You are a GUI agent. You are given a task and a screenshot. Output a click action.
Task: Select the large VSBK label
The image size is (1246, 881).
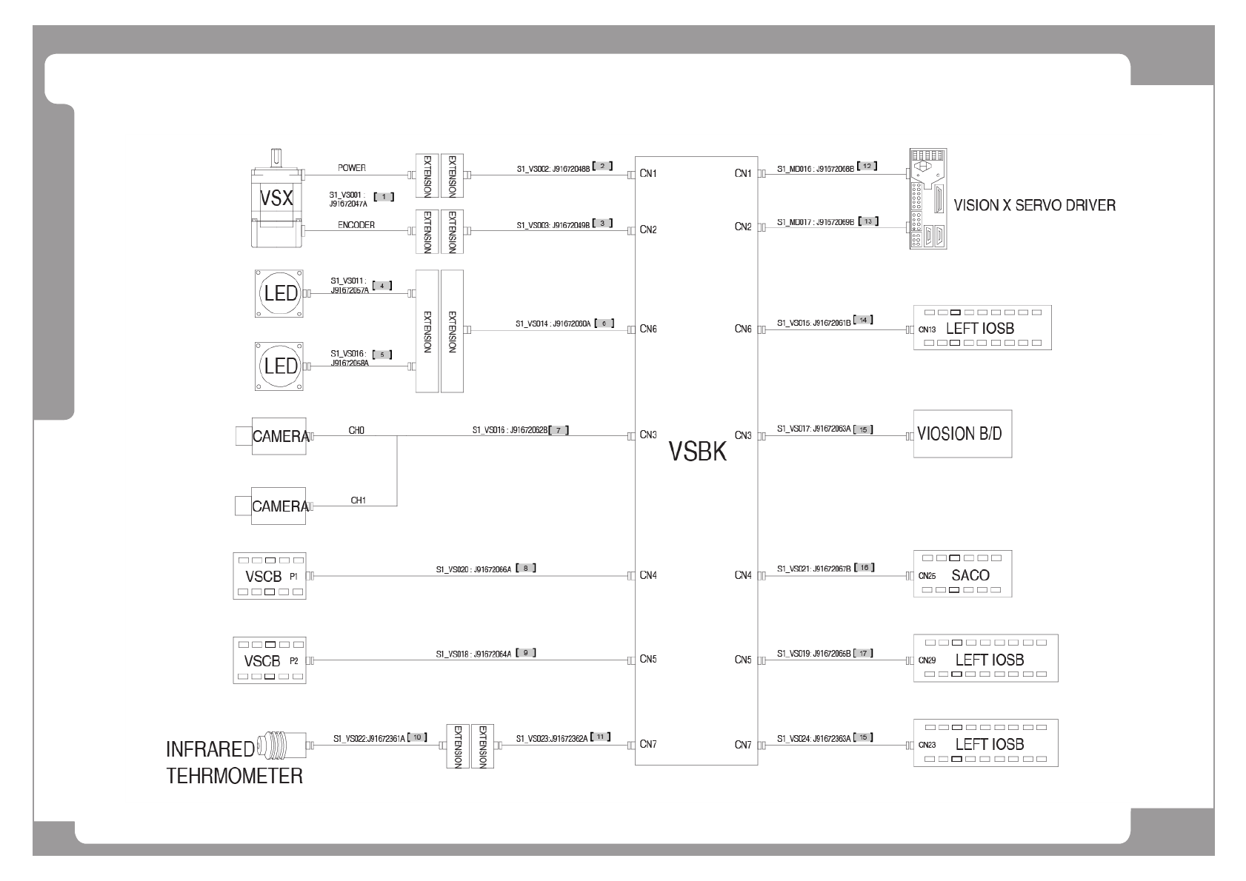pos(698,451)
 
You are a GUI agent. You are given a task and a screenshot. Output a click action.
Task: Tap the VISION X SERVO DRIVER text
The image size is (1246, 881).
pos(1034,206)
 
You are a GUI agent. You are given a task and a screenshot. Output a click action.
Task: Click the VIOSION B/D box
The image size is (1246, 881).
pos(962,434)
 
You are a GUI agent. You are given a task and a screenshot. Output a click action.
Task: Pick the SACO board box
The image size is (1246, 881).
pos(962,575)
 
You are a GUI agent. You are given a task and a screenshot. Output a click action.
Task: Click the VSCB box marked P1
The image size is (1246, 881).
pos(270,576)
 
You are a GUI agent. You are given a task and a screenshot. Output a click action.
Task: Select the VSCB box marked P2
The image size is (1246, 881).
pos(270,660)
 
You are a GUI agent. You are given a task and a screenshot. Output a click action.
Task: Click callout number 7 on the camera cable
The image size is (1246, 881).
pos(559,429)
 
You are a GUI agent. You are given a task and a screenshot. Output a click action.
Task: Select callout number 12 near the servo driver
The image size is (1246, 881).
pos(867,167)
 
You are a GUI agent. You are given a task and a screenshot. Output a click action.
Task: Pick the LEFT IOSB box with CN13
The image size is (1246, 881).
pos(982,328)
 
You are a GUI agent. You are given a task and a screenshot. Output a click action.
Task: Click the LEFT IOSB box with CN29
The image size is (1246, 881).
pos(985,659)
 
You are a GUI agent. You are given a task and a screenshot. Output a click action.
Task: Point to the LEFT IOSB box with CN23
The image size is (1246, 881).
pos(985,743)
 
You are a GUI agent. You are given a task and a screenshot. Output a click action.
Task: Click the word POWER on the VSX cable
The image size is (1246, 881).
pos(352,168)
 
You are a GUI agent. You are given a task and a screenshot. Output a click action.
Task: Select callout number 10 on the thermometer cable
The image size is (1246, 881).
pos(418,737)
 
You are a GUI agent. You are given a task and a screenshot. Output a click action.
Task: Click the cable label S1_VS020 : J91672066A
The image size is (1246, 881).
pos(473,570)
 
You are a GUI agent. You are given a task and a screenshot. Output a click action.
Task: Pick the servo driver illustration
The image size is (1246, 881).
pos(927,199)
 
